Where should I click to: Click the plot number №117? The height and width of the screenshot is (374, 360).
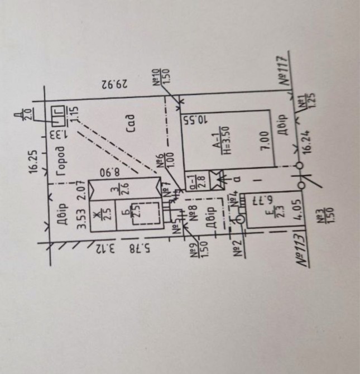pos(285,69)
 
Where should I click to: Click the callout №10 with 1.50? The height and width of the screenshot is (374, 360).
pos(161,76)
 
